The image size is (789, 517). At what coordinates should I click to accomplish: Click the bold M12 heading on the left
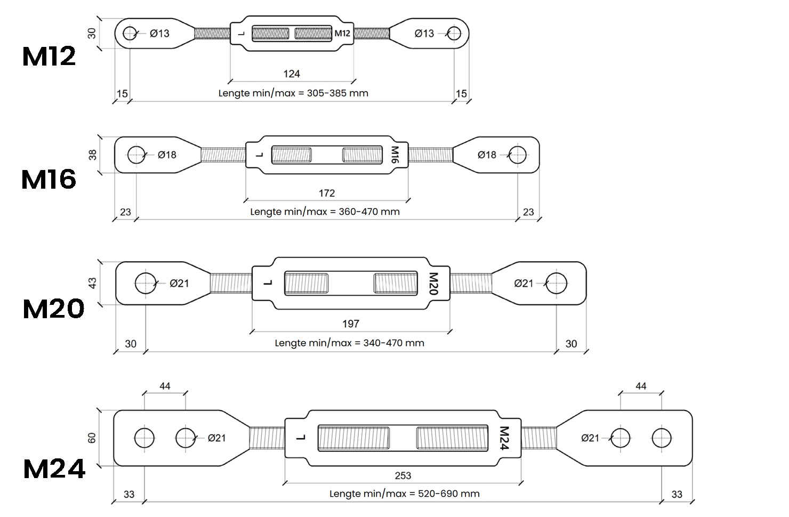coord(49,56)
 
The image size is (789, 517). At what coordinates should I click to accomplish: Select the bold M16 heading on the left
coord(49,180)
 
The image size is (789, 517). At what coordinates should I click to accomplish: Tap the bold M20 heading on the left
coord(53,309)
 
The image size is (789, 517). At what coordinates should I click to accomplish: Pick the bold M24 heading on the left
coord(54,469)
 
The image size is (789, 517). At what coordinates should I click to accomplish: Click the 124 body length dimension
coord(292,74)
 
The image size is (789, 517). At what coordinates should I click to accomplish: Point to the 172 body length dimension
coord(327,193)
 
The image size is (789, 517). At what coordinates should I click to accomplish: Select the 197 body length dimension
coord(351,324)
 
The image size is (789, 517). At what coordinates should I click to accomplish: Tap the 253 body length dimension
coord(403,475)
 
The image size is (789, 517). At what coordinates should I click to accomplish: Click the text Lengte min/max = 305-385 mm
coord(293,93)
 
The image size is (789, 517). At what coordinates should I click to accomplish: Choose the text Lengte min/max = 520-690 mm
coord(405,494)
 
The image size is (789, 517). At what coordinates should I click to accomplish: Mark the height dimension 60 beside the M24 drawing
coord(92,438)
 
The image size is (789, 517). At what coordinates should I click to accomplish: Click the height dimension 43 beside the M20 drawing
coord(92,283)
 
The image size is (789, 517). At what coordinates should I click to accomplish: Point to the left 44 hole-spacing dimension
coord(165,386)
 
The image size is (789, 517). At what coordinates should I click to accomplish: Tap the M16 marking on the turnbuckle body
coord(395,155)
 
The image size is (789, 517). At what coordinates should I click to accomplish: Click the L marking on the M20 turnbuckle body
coord(268,282)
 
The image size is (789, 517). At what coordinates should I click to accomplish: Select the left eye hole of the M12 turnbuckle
coord(130,34)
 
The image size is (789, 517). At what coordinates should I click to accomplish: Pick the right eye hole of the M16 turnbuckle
coord(518,155)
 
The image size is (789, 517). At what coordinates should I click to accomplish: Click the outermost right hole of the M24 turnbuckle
coord(662,438)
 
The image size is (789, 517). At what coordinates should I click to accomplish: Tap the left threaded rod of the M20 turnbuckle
coord(231,283)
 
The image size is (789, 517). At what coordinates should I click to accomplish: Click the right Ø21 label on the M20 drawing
coord(524,284)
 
